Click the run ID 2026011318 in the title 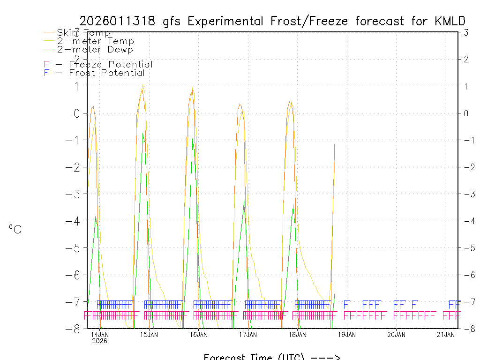[118, 21]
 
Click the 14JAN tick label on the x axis [100, 335]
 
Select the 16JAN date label [199, 335]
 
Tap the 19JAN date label [347, 335]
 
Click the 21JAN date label [446, 335]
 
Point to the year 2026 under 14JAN [99, 341]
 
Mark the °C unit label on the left [15, 229]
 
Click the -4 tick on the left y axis [75, 221]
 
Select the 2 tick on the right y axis [465, 59]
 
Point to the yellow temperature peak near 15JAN [142, 85]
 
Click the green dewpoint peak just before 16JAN [192, 138]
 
